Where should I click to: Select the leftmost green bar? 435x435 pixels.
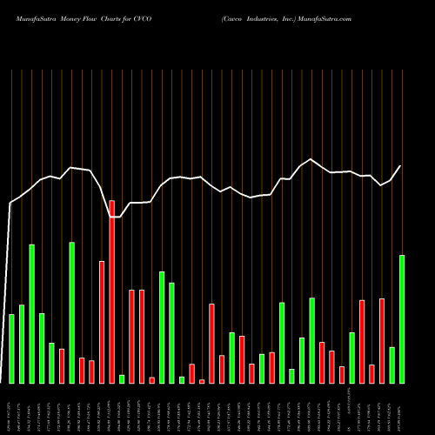11,348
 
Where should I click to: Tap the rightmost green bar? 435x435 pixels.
402,318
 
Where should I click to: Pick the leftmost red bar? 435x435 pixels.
62,365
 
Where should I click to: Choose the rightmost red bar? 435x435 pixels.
382,340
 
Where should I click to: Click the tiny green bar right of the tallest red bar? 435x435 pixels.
122,378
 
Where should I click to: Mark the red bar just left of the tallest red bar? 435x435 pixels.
102,322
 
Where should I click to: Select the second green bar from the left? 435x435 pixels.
22,344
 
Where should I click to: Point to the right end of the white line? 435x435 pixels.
401,166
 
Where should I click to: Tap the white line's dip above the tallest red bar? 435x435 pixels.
112,217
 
